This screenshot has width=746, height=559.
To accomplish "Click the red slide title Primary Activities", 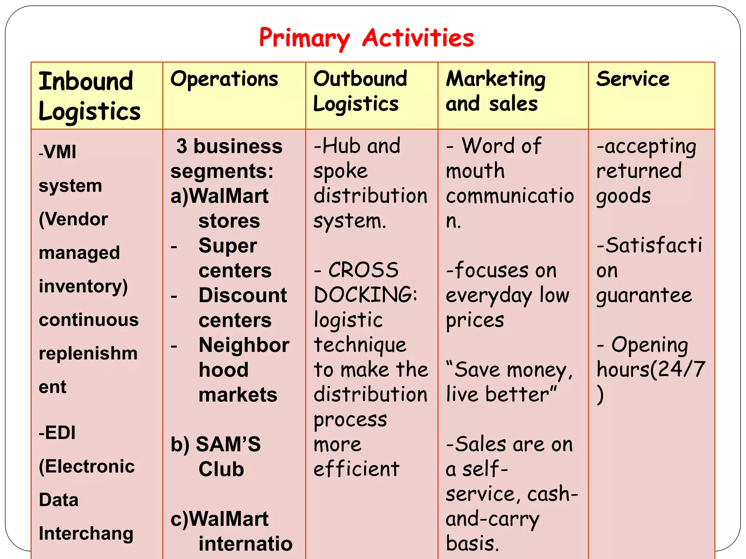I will (x=366, y=38).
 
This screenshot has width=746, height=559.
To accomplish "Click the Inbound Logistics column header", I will (x=89, y=96).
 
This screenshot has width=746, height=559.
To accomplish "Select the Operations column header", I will (x=224, y=79).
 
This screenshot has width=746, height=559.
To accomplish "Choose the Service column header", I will (x=633, y=79).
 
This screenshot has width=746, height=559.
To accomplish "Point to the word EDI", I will (x=60, y=433).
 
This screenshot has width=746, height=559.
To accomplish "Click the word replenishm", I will (x=88, y=353).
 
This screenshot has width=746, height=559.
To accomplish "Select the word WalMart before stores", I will (x=229, y=196).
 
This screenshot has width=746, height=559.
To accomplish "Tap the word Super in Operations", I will (x=228, y=246).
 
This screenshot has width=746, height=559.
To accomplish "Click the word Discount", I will (x=243, y=295).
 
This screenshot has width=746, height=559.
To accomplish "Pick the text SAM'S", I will (x=228, y=444).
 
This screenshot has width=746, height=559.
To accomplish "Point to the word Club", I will (x=221, y=469).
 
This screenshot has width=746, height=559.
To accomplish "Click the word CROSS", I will (x=363, y=270).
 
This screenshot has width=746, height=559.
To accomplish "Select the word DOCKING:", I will (x=365, y=295).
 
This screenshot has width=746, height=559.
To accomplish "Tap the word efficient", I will (x=356, y=469).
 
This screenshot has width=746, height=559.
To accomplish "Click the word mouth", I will (x=475, y=171).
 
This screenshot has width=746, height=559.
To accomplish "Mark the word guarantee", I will (x=644, y=295).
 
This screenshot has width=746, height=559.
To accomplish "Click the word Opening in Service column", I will (x=649, y=345).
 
